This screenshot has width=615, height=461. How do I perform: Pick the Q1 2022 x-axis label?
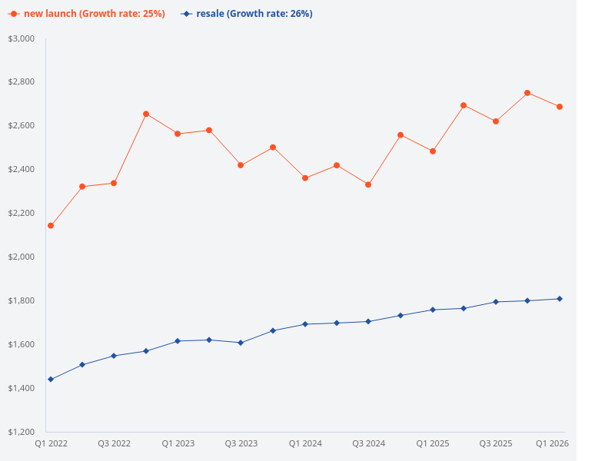point(52,444)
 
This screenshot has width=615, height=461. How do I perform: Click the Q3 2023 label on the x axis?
point(241,444)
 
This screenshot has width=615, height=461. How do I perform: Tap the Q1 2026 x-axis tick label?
point(552,444)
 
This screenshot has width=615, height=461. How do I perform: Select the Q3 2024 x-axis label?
point(368,444)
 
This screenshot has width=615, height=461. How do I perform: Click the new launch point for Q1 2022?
point(51,226)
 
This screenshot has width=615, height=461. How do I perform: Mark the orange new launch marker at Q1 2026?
point(560,107)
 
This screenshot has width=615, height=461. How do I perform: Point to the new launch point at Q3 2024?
point(368,185)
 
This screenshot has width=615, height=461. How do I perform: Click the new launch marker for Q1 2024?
point(305,178)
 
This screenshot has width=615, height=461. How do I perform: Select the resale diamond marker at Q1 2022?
point(51,380)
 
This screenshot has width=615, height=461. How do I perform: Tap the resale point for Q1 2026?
point(560,299)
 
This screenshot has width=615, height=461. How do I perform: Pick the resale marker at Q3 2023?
point(241,343)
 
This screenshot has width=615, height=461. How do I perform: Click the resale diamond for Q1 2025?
point(432,310)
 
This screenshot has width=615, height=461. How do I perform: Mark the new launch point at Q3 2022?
point(114,183)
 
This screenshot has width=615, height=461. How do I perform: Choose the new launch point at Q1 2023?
point(178,134)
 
